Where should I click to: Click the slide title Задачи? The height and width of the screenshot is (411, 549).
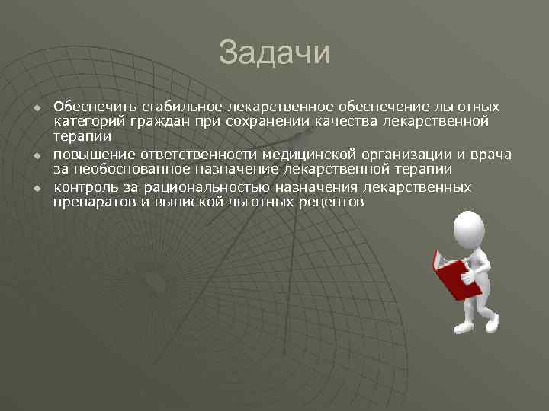click(x=274, y=54)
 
